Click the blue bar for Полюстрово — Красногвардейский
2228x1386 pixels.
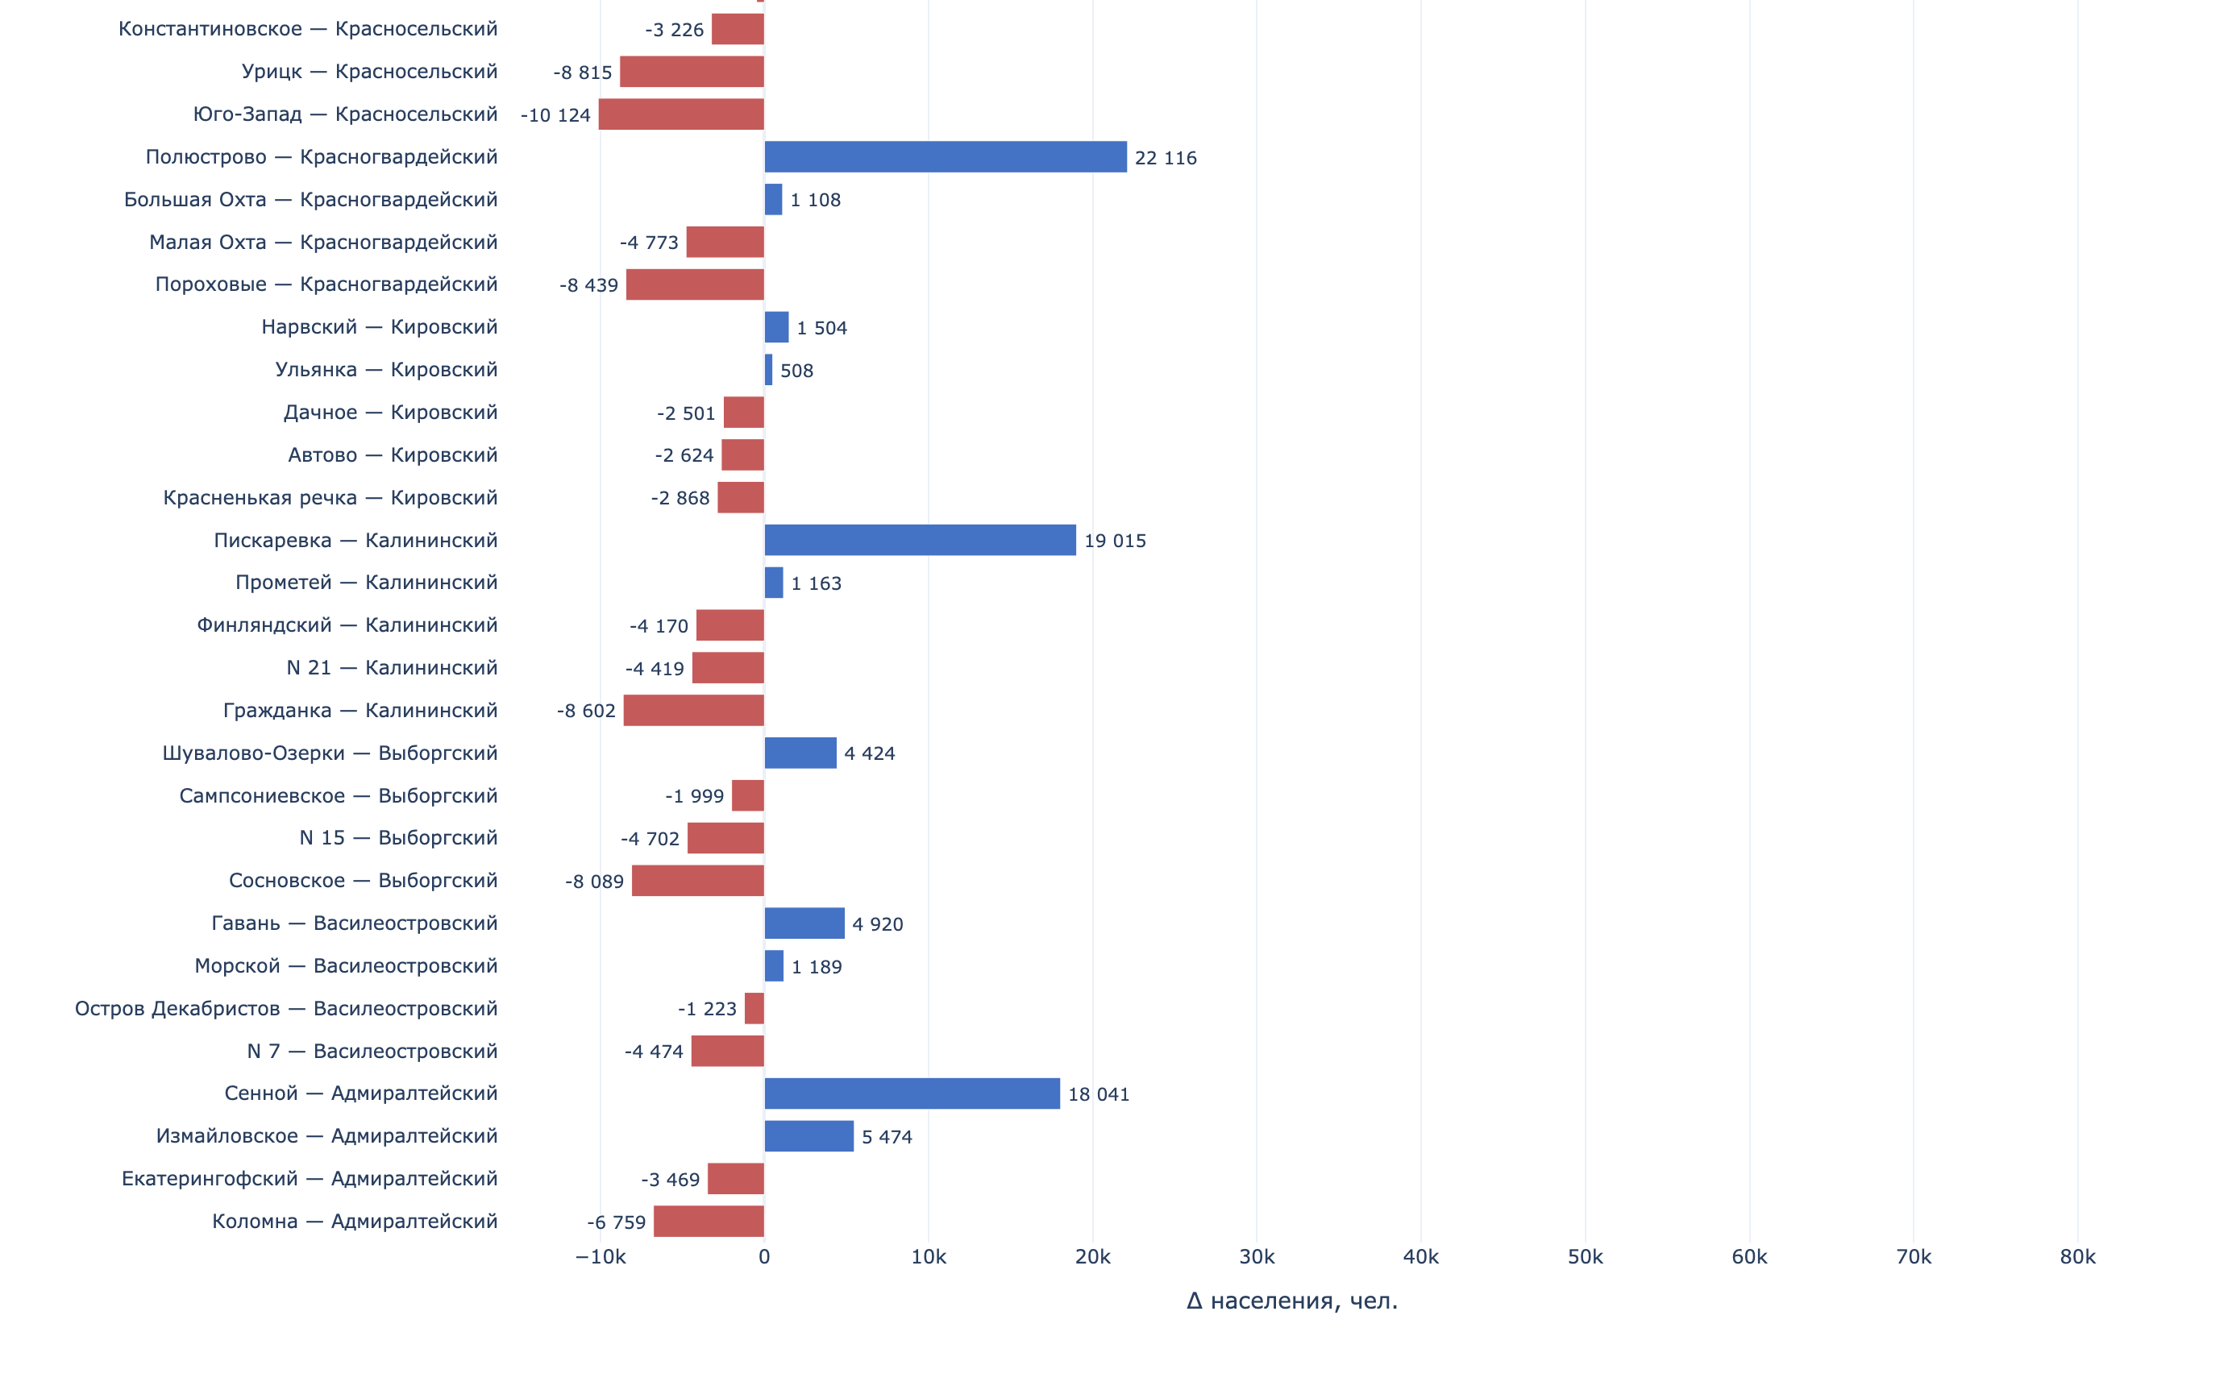946,157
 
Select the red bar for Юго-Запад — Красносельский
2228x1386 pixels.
681,114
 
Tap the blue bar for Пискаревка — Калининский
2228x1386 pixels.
920,540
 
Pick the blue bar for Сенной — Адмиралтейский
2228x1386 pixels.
912,1093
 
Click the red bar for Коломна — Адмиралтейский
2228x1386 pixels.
709,1221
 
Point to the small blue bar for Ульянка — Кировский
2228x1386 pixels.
769,369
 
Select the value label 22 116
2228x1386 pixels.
1166,158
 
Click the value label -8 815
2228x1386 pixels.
582,73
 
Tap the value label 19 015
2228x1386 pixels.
1115,541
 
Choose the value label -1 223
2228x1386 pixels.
707,1009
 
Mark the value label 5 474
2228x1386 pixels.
887,1137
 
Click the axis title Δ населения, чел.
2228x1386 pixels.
1292,1301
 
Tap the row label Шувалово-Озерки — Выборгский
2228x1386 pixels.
330,753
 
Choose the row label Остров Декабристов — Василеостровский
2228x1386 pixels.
286,1008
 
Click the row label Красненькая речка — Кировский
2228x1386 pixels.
330,498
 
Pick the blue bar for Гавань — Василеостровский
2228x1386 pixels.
804,923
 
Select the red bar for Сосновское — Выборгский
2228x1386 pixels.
698,881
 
